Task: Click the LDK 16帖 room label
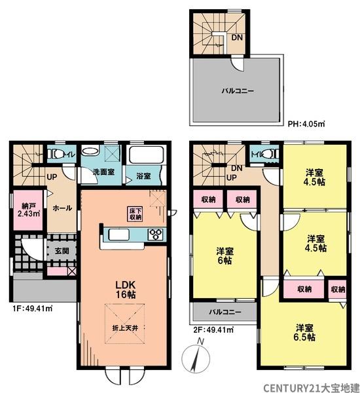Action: (125, 290)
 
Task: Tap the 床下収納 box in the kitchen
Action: (135, 214)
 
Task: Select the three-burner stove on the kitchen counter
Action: (156, 234)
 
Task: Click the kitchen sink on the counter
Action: (118, 235)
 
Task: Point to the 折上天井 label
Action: (125, 328)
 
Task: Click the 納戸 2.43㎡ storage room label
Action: (29, 210)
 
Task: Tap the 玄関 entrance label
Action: (62, 251)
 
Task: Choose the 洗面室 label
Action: (103, 172)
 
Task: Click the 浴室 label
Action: (143, 176)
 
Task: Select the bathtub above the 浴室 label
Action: (146, 155)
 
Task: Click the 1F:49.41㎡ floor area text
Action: (33, 309)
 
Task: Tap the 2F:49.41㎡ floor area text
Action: (213, 329)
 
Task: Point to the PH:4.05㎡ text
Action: (306, 124)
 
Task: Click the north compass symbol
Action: (196, 356)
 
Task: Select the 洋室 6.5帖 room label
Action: (304, 332)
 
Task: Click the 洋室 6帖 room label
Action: (225, 255)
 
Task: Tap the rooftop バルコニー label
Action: (238, 90)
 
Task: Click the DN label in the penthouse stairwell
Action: (237, 37)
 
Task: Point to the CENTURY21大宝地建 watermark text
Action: (311, 388)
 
